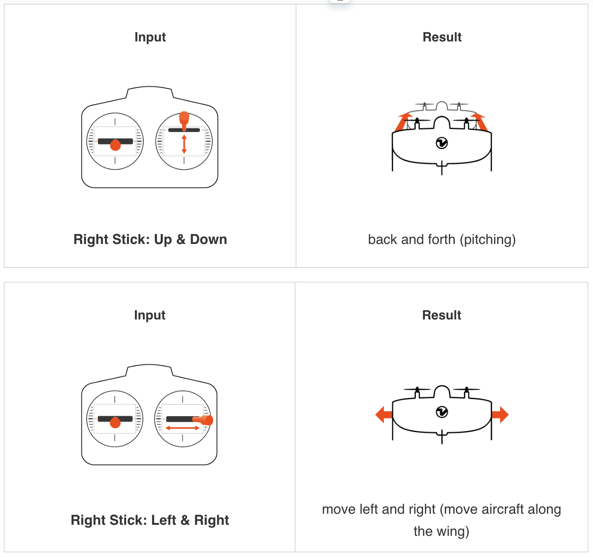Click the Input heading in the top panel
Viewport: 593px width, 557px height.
(150, 37)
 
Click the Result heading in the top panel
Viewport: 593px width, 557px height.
(442, 37)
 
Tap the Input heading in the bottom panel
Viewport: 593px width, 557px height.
(150, 315)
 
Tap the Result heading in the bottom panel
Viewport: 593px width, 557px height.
(442, 315)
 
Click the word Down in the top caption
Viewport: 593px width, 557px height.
(209, 239)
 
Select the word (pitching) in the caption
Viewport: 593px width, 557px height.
(488, 240)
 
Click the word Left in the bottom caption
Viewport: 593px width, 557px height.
(163, 520)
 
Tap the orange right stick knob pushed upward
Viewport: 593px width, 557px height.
(184, 120)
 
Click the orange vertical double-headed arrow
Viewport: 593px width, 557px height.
(184, 144)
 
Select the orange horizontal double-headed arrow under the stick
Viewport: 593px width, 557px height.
(182, 428)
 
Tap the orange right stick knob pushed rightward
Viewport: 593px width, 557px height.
(204, 420)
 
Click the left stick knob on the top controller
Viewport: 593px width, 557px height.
(115, 145)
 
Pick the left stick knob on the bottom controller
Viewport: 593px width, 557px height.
(115, 423)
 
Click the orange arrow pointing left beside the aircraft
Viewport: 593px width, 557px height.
(384, 415)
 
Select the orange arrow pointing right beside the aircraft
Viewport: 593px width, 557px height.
(500, 415)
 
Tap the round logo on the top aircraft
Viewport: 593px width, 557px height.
(442, 143)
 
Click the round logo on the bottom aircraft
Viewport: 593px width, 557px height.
(442, 412)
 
